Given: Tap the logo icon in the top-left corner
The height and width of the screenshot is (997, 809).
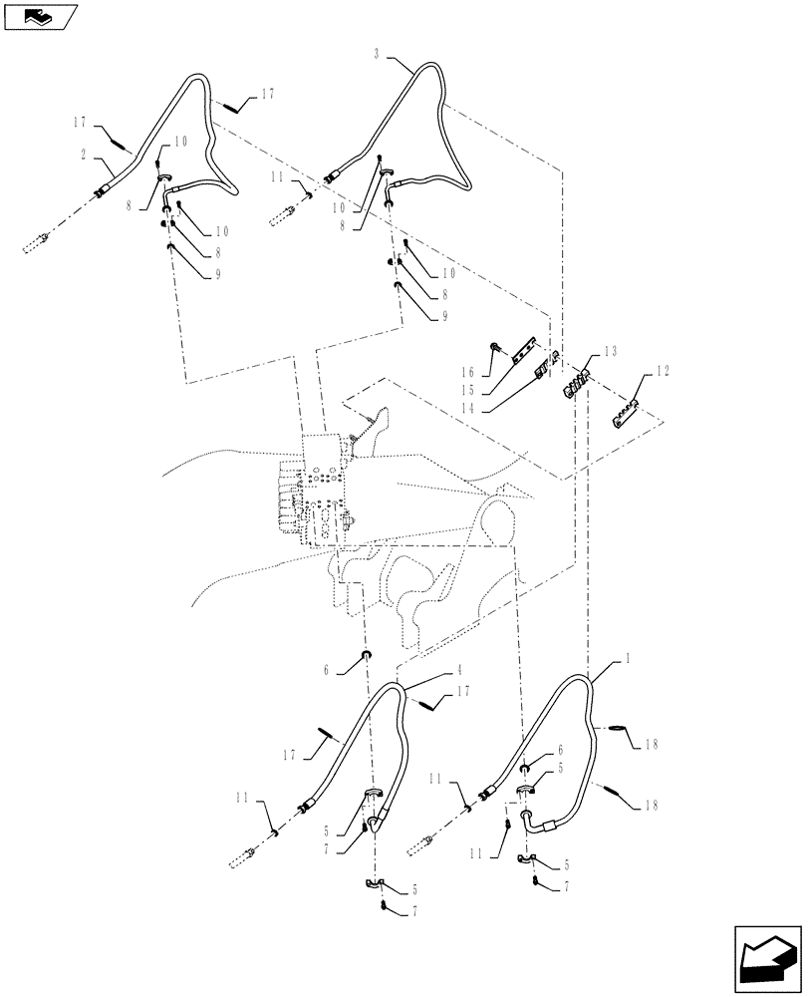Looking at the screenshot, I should click(40, 15).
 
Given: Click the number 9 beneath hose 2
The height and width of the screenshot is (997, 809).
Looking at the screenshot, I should click(218, 275).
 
